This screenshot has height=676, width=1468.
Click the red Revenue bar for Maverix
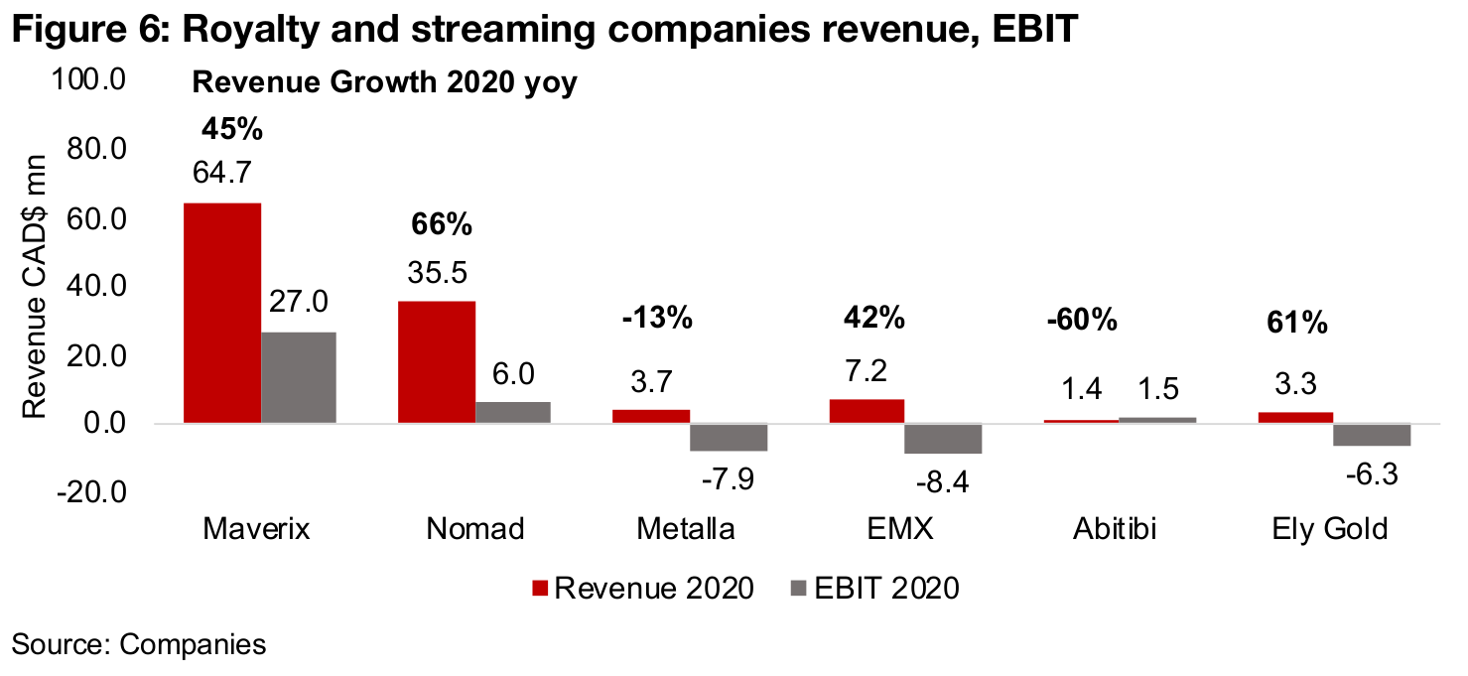[221, 313]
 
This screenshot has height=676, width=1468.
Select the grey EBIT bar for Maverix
[299, 377]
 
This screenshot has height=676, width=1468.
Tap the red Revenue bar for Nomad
[437, 362]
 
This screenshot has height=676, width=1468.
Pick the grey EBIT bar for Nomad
[513, 413]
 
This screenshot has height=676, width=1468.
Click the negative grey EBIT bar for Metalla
[729, 438]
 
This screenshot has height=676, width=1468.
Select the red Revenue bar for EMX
[867, 412]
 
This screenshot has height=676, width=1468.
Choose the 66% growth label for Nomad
[442, 225]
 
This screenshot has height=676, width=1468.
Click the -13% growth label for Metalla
[655, 320]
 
